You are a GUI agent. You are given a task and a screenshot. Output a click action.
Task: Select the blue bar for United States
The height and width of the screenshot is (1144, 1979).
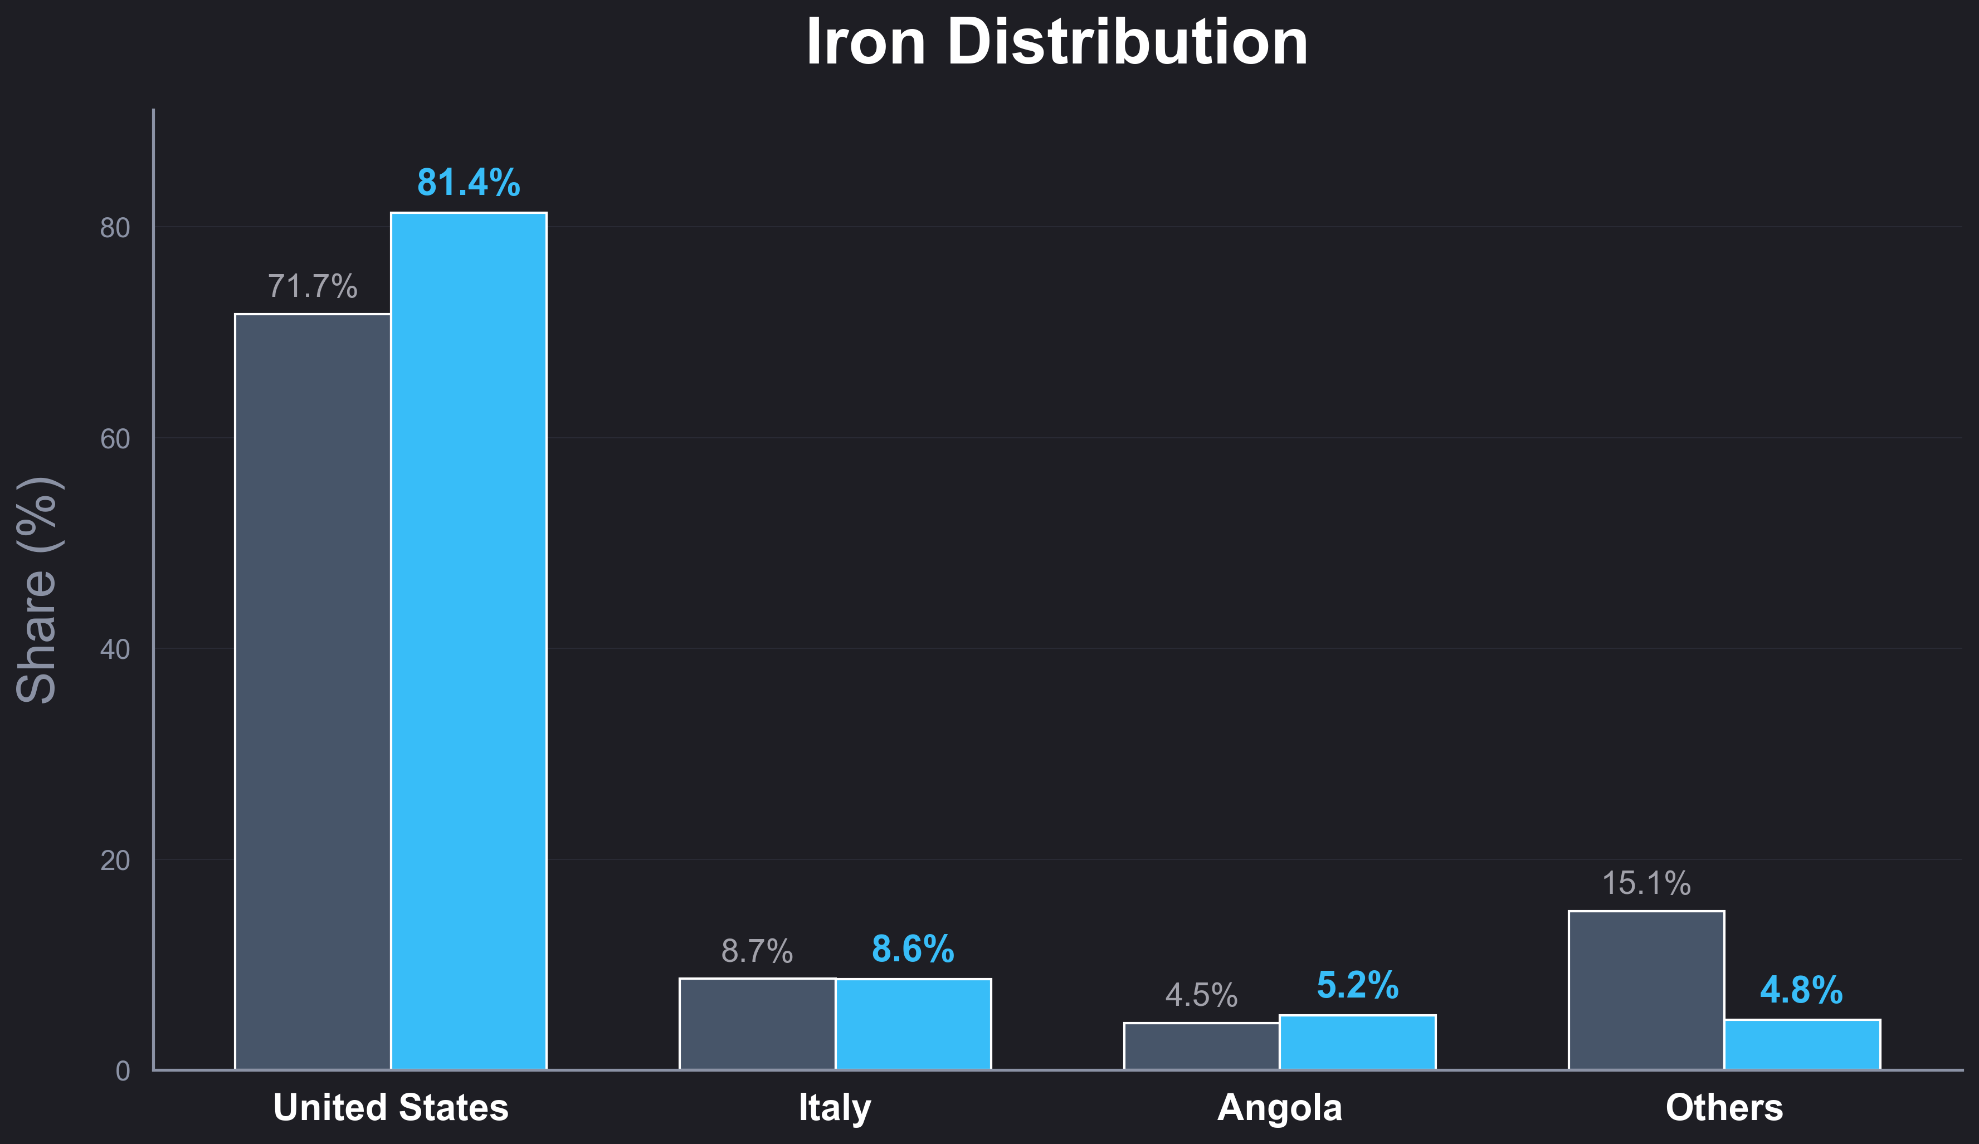point(469,641)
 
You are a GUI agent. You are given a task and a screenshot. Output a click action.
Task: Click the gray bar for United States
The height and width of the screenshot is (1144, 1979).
point(313,692)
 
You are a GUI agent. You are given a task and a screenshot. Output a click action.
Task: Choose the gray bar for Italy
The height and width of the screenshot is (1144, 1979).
point(757,1024)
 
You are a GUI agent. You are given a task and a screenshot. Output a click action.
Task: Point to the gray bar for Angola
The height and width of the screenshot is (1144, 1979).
point(1202,1046)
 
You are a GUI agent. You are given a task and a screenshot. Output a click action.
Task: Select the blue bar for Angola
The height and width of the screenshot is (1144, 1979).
point(1358,1042)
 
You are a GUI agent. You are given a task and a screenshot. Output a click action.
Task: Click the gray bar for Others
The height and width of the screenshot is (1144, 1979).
point(1646,990)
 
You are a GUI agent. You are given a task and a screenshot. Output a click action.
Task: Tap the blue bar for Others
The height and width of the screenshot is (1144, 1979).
point(1802,1044)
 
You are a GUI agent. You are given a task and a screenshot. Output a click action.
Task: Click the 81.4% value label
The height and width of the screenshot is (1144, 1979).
point(469,182)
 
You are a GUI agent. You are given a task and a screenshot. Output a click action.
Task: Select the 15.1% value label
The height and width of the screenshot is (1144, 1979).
point(1646,883)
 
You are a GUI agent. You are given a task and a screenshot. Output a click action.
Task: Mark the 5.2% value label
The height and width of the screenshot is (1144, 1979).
point(1358,985)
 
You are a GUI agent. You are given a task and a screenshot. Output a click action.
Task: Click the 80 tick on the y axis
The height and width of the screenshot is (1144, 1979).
point(115,228)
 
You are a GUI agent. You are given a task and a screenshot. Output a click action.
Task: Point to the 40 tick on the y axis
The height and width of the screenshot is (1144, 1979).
point(115,649)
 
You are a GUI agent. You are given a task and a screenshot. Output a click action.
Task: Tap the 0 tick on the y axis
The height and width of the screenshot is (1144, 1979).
point(123,1071)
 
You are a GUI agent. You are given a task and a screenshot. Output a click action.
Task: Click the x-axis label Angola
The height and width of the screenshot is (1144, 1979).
point(1280,1108)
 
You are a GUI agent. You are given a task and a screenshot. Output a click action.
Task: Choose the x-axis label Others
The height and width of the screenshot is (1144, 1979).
point(1724,1108)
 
